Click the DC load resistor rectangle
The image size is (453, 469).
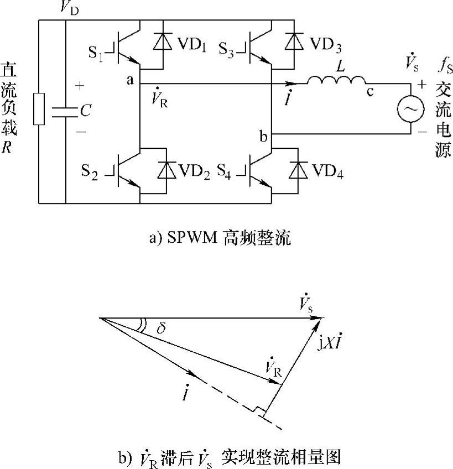tap(39, 110)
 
